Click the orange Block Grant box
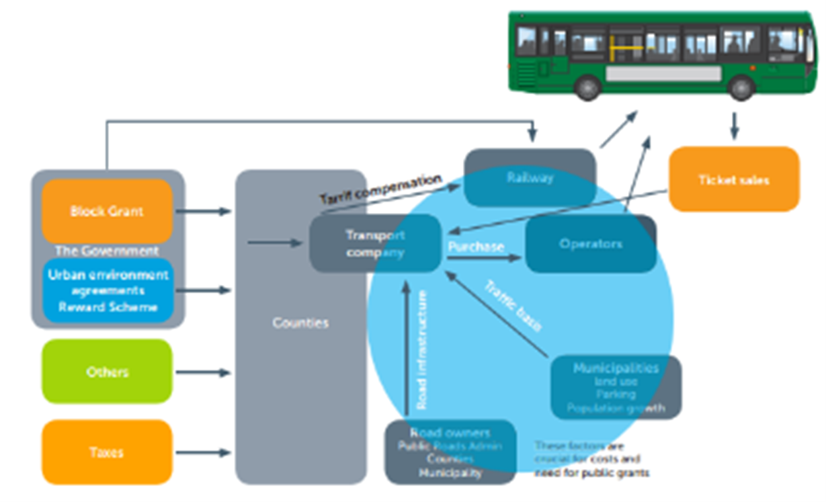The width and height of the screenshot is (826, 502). click(107, 211)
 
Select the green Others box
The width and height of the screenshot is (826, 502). click(107, 372)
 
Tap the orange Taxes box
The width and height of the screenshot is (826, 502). click(107, 452)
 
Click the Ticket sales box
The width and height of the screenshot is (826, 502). click(734, 179)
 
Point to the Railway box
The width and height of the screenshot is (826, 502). click(529, 177)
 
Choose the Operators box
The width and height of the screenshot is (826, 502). click(591, 243)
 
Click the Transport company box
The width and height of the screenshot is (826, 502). click(375, 243)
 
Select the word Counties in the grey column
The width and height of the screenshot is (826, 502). click(301, 323)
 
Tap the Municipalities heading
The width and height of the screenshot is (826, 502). click(616, 368)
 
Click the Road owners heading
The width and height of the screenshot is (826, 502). click(450, 433)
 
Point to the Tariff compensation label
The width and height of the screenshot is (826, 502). click(380, 189)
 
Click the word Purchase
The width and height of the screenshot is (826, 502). click(476, 246)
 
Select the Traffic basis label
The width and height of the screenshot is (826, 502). click(513, 306)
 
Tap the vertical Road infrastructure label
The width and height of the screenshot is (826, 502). click(422, 349)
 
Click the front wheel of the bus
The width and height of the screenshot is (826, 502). click(741, 87)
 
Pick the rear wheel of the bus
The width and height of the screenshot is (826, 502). click(587, 87)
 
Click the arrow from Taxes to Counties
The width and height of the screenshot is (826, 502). click(203, 453)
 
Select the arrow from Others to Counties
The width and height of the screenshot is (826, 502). click(203, 372)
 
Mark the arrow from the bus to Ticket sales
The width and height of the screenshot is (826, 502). click(734, 126)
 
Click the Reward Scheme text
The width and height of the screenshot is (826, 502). click(108, 307)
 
